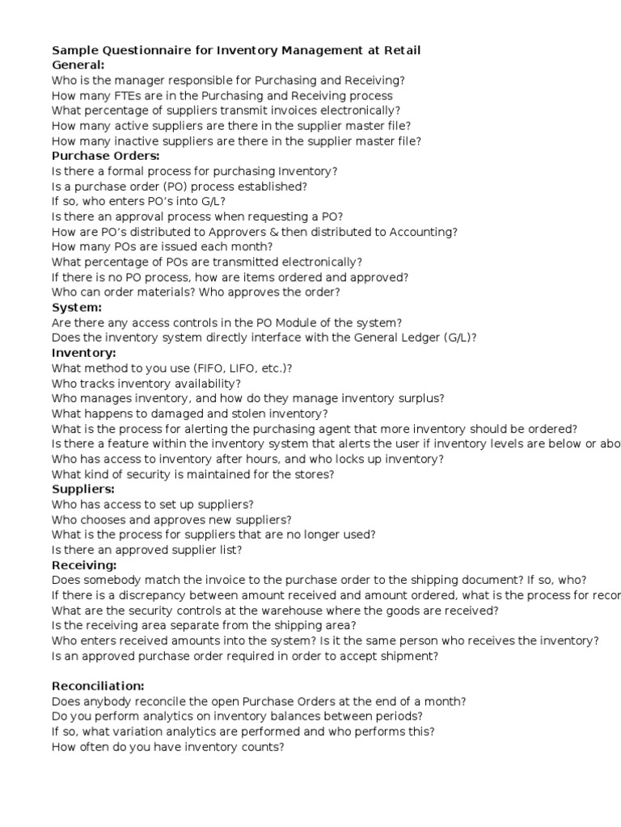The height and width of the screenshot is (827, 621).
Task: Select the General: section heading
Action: click(x=78, y=65)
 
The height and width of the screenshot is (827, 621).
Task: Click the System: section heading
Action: click(x=77, y=307)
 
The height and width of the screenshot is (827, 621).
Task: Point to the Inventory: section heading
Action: click(x=84, y=352)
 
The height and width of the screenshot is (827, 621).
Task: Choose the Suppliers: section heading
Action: click(x=83, y=489)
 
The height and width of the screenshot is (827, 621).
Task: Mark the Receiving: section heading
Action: click(x=84, y=565)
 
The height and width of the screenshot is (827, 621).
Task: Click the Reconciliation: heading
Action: click(x=98, y=686)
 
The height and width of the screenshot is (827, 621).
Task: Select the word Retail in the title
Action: click(x=399, y=50)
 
